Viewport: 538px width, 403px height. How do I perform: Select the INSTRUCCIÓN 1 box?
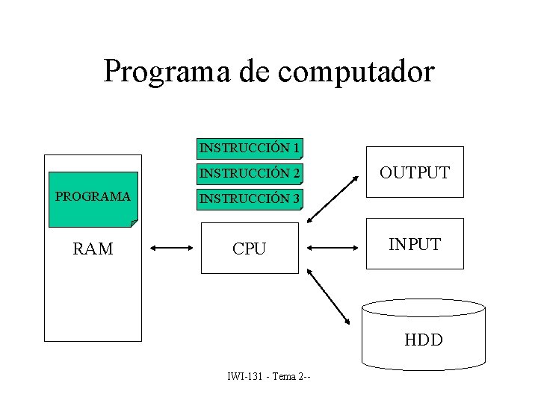[250, 149]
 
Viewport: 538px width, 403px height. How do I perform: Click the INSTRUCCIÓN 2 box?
[250, 174]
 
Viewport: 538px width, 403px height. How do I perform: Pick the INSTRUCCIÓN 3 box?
[250, 199]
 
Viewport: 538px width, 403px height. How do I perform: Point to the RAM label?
[93, 249]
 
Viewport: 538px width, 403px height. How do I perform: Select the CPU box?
[249, 249]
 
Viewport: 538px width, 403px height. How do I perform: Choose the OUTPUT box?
[414, 172]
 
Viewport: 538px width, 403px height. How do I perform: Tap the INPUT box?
[414, 243]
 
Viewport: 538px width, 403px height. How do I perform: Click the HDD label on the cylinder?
[423, 340]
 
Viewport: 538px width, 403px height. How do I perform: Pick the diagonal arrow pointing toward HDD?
[330, 296]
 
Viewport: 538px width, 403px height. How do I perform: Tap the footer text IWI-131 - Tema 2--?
[269, 375]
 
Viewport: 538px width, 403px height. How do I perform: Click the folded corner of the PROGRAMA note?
[134, 222]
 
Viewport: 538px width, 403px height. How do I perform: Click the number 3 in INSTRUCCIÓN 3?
[296, 199]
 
